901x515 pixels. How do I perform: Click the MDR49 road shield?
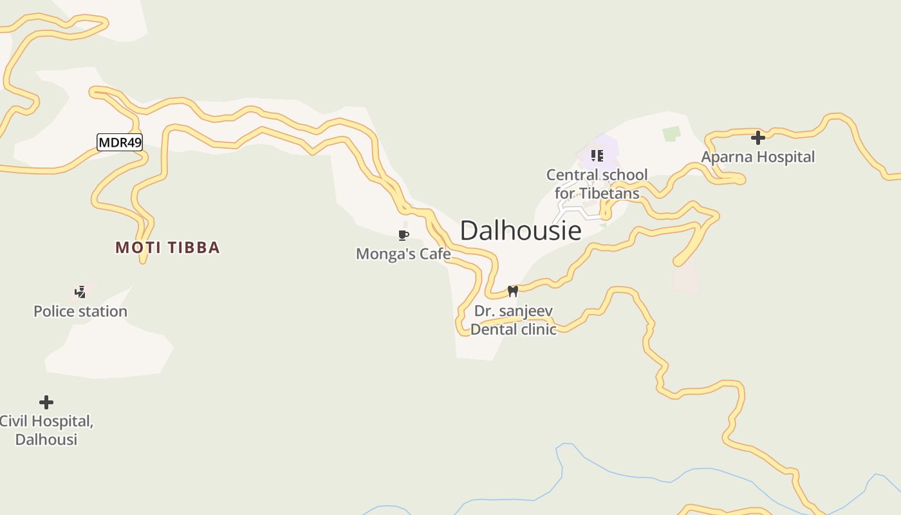coord(119,142)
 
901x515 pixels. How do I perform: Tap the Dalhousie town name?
coord(521,230)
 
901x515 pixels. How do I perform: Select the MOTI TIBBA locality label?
coord(167,247)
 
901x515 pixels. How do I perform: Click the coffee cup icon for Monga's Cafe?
coord(404,235)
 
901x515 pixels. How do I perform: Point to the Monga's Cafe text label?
coord(404,254)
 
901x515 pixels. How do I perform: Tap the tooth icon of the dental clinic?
coord(512,291)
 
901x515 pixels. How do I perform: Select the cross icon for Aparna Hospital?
coord(758,137)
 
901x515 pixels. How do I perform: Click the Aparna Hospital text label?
coord(757,156)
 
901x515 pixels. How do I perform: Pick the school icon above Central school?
coord(597,155)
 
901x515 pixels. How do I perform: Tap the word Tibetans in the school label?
coord(609,193)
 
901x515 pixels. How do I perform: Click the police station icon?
coord(80,292)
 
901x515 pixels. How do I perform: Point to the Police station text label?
coord(80,311)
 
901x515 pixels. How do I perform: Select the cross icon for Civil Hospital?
coord(46,402)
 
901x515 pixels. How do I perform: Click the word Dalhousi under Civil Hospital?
coord(46,439)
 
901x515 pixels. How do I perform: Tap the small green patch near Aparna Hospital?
coord(671,134)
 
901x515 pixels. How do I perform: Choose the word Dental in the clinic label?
coord(492,329)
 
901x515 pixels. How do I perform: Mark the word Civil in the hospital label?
coord(14,422)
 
